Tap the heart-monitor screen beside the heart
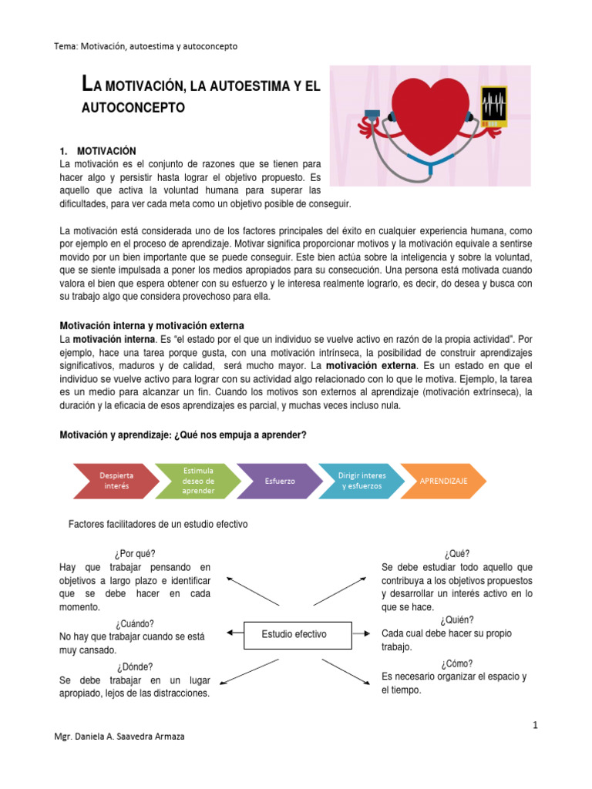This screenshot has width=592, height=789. point(493,107)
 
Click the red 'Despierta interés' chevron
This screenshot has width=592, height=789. point(116,481)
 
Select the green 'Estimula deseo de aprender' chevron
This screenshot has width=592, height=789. point(197,481)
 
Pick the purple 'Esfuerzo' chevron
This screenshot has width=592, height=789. point(279,481)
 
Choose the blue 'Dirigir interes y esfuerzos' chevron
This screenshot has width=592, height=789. point(361,481)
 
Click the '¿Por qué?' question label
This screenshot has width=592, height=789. point(134,553)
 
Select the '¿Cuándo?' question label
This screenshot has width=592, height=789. point(136,623)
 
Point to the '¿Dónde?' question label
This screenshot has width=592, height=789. point(135,666)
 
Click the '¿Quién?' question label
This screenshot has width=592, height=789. point(457,619)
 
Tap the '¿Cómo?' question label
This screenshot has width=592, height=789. point(457,663)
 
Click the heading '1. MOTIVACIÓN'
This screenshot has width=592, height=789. point(98,150)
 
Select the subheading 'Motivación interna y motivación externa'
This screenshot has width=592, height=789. point(152,325)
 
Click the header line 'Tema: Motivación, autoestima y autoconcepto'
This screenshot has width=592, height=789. point(146,46)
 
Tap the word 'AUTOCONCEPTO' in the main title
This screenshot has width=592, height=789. point(133,108)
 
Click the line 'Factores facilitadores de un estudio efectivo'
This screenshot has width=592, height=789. point(158,524)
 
